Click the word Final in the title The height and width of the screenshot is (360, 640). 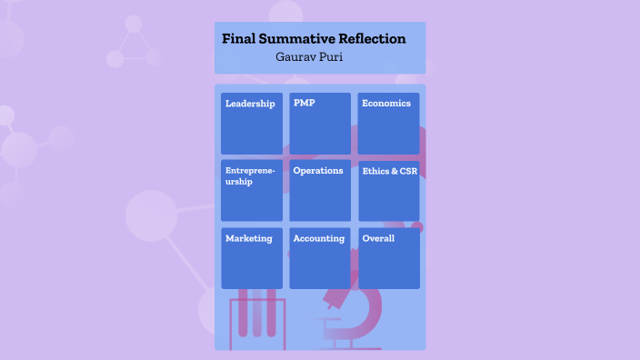click(238, 39)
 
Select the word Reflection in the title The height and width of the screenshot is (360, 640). click(371, 39)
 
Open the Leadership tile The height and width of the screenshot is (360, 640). click(252, 124)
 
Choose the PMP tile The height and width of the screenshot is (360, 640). click(320, 124)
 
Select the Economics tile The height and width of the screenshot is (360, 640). click(388, 124)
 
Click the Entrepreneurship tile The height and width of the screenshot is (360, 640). click(252, 191)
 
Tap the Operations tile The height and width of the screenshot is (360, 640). click(320, 191)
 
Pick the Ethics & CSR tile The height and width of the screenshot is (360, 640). click(388, 191)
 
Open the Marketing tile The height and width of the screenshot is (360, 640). click(252, 258)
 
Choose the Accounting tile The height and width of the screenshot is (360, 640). click(320, 258)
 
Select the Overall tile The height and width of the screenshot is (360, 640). click(388, 258)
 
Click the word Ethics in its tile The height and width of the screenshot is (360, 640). click(375, 171)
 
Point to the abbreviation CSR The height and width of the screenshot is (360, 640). click(408, 171)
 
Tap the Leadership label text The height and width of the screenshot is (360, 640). click(250, 104)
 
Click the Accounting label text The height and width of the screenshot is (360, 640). click(318, 238)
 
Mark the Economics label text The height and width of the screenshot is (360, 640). click(386, 104)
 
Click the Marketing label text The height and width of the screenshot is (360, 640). click(248, 238)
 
